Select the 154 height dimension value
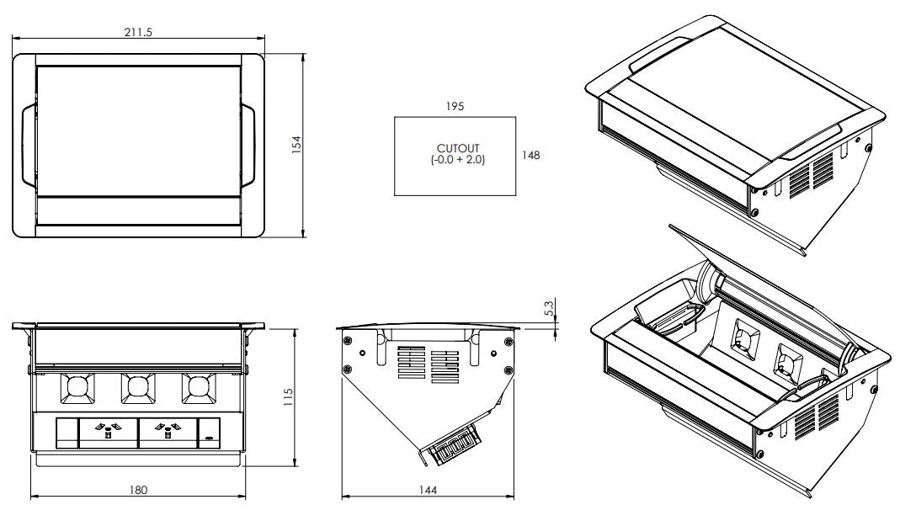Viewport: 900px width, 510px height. pos(296,145)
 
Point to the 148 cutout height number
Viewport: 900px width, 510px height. pos(530,155)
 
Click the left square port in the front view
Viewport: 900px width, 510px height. pos(77,388)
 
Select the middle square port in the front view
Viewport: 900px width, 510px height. pos(138,388)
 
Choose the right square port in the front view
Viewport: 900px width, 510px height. pos(199,388)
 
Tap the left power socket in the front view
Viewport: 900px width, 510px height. pos(107,433)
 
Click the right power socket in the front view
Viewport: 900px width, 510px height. pos(168,433)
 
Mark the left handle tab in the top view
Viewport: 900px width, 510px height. pos(27,146)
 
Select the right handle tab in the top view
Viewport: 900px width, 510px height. pos(249,146)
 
